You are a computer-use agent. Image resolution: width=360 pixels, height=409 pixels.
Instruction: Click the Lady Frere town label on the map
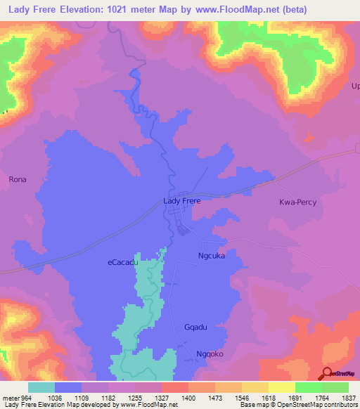181,201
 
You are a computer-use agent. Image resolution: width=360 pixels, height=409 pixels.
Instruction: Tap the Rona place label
18,180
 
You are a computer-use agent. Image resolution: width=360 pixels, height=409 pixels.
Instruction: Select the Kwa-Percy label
300,202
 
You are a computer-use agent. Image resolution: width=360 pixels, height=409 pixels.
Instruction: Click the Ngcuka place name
212,257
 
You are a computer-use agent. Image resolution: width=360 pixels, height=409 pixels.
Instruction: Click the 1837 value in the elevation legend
340,397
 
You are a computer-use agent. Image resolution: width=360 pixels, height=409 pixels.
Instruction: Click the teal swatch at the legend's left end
41,387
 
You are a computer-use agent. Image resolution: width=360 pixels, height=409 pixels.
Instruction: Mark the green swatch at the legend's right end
335,387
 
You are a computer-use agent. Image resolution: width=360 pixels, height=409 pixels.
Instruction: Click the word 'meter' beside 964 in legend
12,397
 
